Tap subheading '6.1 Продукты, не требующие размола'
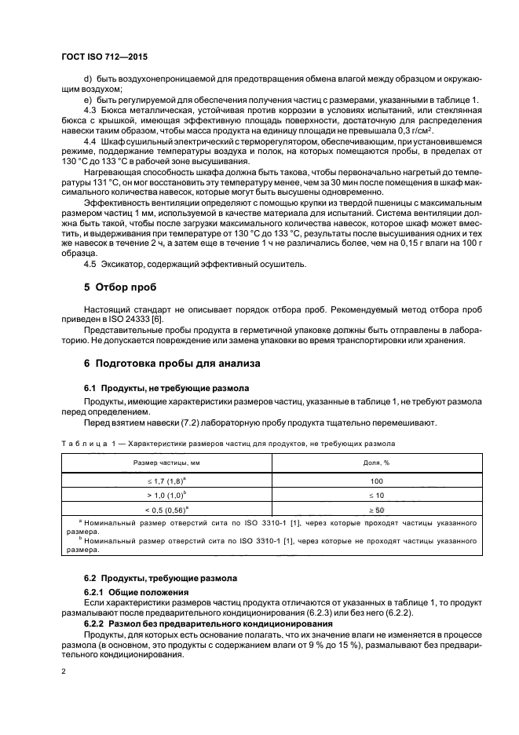point(166,388)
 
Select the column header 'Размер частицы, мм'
point(167,463)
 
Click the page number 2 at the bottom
point(65,672)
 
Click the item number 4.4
point(90,139)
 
